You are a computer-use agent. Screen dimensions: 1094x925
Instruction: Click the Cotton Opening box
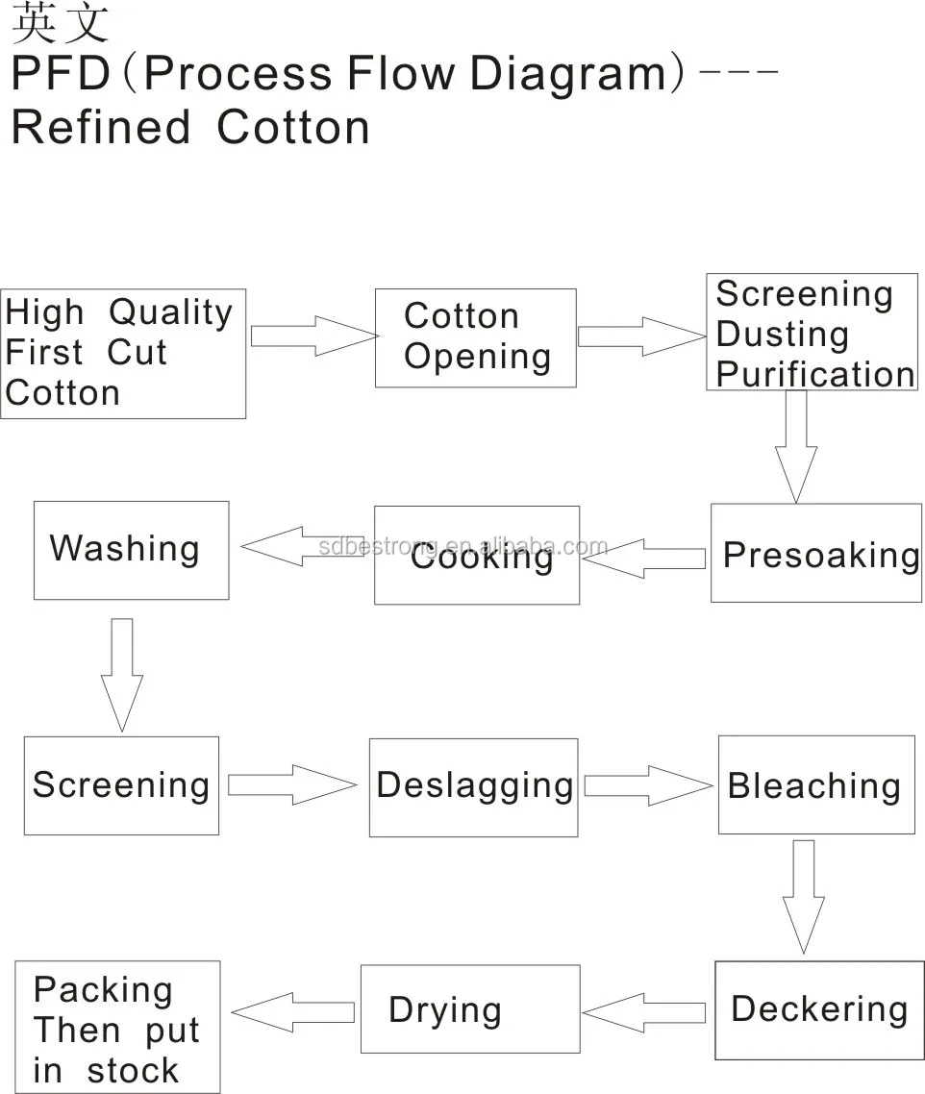coord(475,337)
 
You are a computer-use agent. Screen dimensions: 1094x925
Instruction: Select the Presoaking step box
coord(815,553)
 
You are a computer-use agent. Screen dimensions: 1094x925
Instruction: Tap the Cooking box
coord(477,555)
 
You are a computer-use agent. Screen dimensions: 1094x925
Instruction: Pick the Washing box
coord(131,549)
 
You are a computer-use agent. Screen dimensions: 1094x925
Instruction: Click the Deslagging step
coord(473,786)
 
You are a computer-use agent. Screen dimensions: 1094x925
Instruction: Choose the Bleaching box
coord(815,784)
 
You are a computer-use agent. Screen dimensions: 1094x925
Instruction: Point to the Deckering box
coord(818,1009)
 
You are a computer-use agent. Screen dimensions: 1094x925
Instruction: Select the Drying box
coord(469,1009)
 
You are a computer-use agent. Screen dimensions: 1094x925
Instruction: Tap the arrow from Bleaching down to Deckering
coord(803,895)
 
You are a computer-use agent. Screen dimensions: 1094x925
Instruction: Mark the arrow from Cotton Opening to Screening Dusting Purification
coord(640,336)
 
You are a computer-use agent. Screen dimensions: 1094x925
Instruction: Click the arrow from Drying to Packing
coord(293,1012)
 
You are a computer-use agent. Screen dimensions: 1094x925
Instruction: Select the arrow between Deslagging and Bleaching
coord(646,785)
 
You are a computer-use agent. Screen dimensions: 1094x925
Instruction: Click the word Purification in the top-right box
coord(815,374)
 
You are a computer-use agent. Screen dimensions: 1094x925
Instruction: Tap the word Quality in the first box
coord(170,312)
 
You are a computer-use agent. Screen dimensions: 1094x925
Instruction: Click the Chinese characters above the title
coord(60,23)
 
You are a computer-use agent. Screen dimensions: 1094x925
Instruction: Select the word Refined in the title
coord(101,127)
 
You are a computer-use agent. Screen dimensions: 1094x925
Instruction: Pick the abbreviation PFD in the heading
coord(63,75)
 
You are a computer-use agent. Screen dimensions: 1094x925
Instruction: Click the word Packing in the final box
coord(103,989)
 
